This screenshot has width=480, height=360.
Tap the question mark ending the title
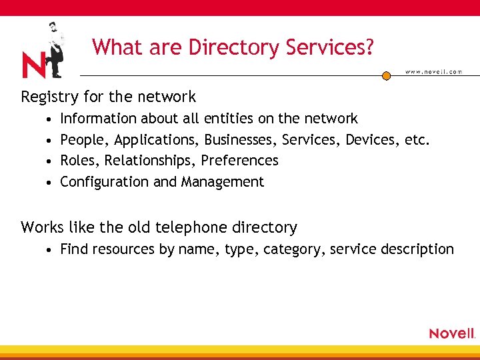point(368,47)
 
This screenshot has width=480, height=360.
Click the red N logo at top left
point(34,65)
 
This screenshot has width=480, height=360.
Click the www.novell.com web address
point(433,72)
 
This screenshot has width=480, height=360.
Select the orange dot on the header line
point(386,76)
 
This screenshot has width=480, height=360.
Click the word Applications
point(157,140)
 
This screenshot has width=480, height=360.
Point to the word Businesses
point(241,139)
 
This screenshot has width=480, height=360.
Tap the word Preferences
point(239,161)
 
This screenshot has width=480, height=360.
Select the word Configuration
point(105,182)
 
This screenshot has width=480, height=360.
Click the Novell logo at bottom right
point(451,333)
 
